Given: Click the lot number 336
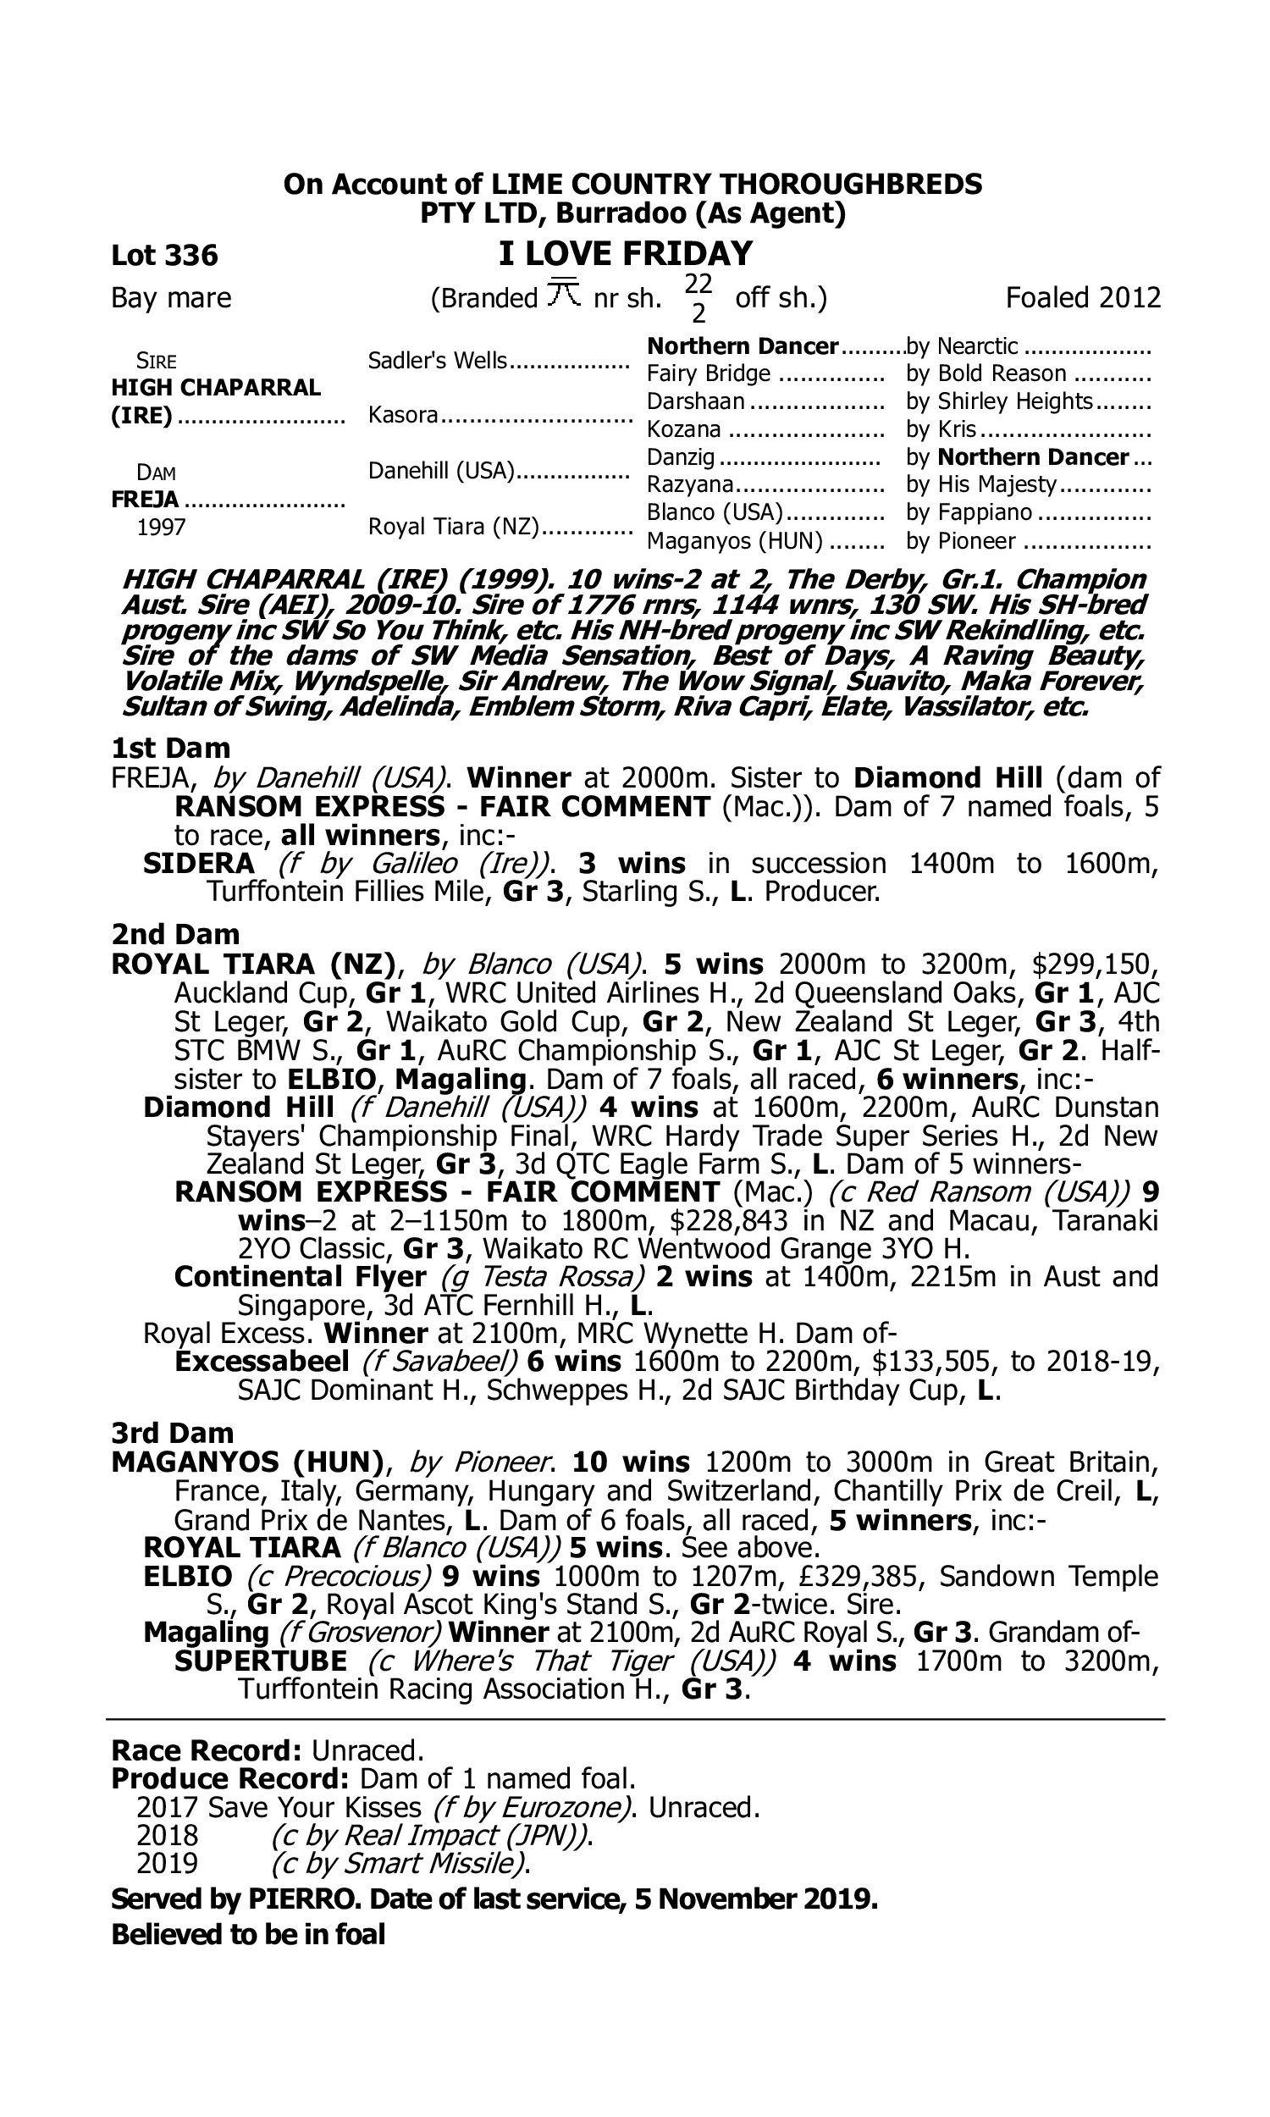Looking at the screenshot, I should [191, 255].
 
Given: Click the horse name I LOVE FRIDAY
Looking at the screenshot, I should [626, 253].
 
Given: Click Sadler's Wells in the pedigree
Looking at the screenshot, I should [438, 361].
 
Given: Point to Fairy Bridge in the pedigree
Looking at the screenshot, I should [709, 374].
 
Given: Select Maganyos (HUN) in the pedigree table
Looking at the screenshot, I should [734, 541].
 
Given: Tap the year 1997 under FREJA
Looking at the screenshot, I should [161, 527].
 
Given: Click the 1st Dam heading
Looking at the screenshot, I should [170, 749].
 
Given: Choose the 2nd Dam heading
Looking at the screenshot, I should [175, 934].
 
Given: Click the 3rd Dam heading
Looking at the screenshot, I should [172, 1433].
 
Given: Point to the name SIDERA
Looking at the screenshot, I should [199, 864].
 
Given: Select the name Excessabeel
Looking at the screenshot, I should [262, 1362].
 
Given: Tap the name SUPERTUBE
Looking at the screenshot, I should [261, 1661].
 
